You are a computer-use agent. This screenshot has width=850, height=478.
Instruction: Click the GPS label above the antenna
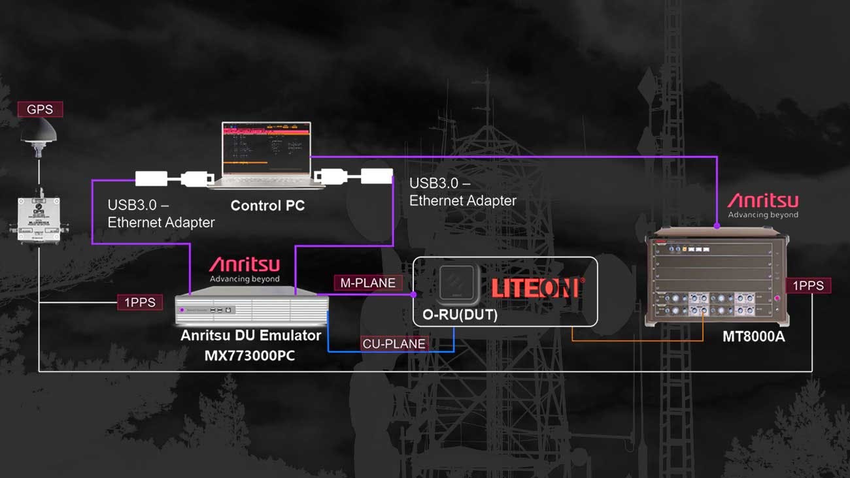39,109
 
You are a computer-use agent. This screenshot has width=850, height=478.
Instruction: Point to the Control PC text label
267,206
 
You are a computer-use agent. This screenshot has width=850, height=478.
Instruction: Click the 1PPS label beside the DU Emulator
140,302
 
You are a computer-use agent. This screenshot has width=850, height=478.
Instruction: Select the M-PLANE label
368,283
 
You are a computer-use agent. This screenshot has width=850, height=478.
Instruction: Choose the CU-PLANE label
394,343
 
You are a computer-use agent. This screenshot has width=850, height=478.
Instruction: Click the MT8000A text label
753,338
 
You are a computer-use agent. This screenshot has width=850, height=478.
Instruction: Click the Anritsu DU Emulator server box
252,310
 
